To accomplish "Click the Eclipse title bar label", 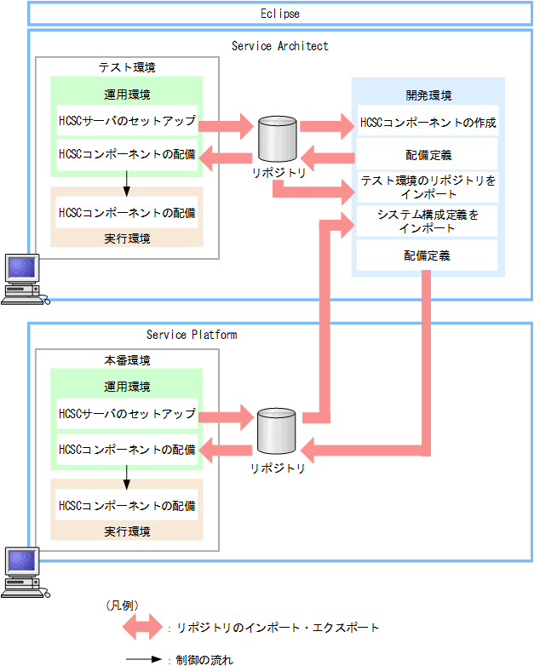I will click(x=279, y=14).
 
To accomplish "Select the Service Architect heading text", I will click(x=279, y=45).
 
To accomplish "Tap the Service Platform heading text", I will click(x=192, y=335).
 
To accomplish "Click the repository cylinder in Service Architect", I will click(x=277, y=139).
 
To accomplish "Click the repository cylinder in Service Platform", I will click(x=277, y=432).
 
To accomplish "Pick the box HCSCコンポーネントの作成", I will click(x=428, y=123).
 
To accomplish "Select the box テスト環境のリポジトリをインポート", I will click(x=428, y=187).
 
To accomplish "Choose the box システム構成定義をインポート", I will click(x=428, y=221).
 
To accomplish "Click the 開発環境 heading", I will click(x=428, y=95).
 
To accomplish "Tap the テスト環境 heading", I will click(x=128, y=67).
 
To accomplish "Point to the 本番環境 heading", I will click(x=128, y=360).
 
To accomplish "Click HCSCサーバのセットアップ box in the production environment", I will click(x=127, y=414).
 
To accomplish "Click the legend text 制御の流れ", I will click(x=203, y=658).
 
